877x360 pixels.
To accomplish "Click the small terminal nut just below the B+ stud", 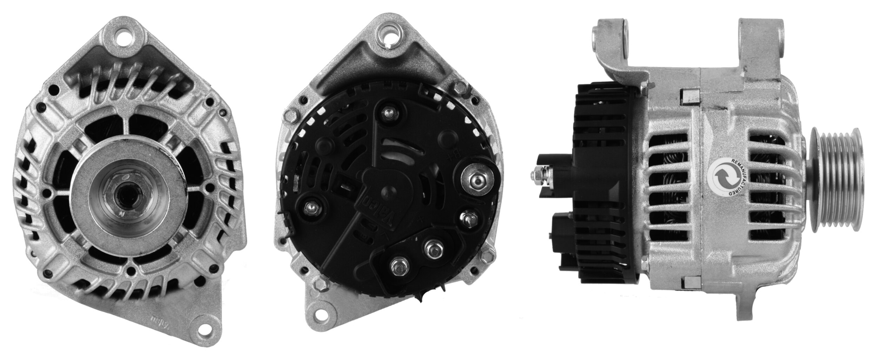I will click(x=468, y=218).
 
